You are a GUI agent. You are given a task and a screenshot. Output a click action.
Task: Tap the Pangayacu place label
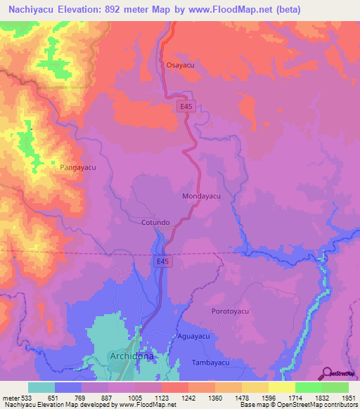(77, 168)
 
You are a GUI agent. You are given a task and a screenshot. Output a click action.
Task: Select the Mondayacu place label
(202, 196)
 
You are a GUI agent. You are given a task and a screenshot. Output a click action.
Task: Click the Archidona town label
(131, 357)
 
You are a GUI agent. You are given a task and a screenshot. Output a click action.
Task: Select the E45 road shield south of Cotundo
(162, 261)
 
